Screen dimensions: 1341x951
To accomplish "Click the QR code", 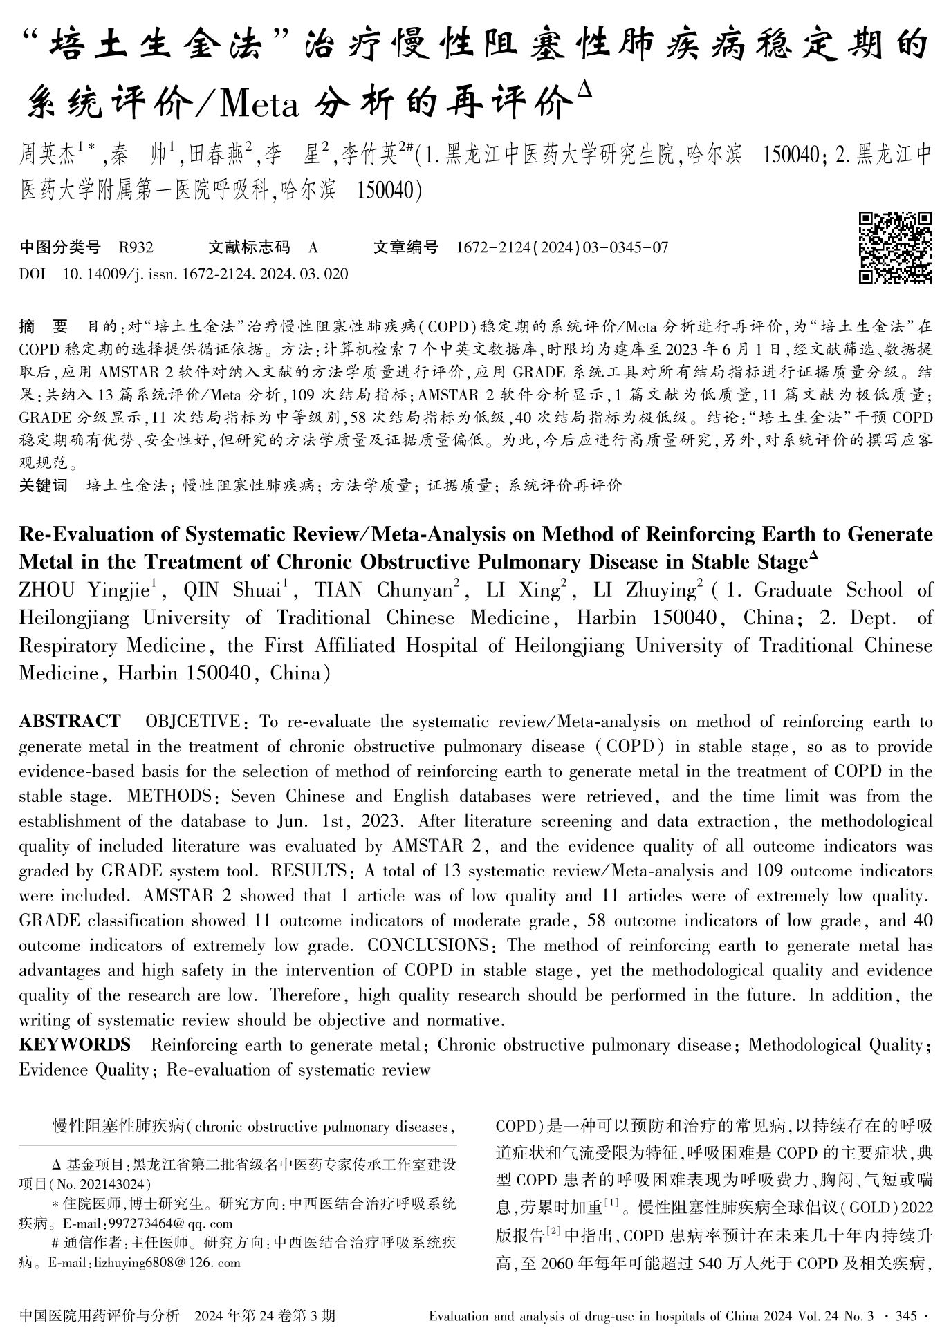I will click(x=895, y=247).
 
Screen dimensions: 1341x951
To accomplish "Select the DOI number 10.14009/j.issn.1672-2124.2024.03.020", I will click(x=205, y=274).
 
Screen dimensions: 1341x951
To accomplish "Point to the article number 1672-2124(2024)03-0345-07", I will click(x=562, y=247).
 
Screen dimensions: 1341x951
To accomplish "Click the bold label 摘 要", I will click(x=44, y=325).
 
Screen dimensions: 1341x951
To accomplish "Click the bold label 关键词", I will click(x=44, y=485).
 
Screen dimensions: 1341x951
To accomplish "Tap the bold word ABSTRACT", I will click(x=69, y=722).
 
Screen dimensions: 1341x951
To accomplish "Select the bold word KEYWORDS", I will click(x=75, y=1044).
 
